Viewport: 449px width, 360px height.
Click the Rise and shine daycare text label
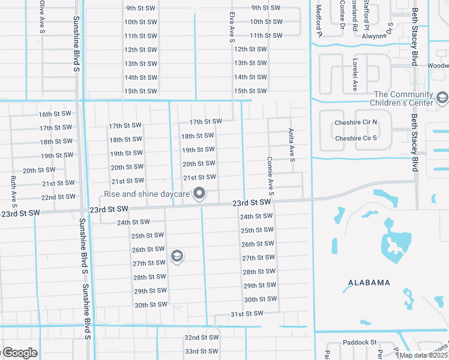[147, 194]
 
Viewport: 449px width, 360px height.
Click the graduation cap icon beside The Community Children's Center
[442, 97]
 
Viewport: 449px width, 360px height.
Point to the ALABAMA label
[369, 283]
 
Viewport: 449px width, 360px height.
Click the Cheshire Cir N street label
[357, 122]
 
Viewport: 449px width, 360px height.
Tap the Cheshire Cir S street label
[357, 138]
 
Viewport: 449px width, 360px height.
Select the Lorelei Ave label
[355, 79]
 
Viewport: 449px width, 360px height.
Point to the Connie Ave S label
[271, 176]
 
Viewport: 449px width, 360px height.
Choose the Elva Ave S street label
[231, 28]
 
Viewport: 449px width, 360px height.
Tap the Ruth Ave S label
[13, 188]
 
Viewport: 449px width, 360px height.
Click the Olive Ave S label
[41, 16]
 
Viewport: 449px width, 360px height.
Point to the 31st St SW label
[247, 313]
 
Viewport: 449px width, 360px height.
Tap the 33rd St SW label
[200, 351]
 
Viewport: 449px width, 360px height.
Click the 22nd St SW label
[58, 197]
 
